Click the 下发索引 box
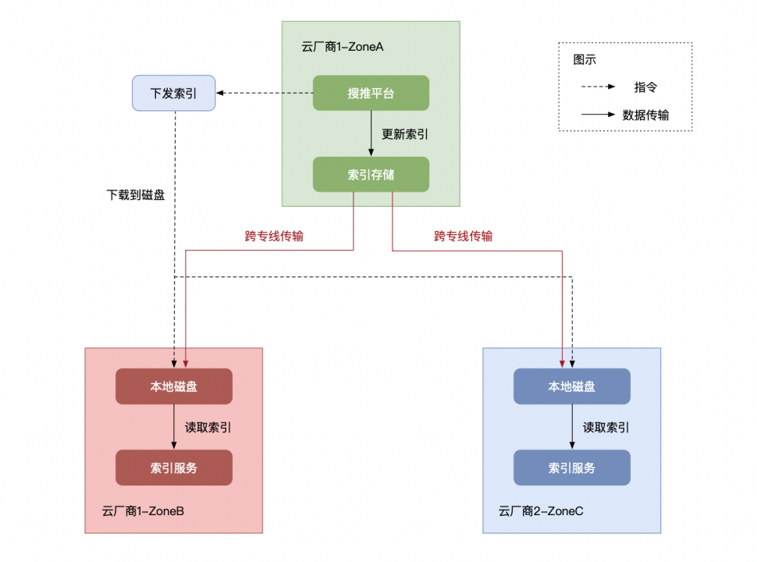[x=173, y=94]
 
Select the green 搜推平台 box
[x=371, y=94]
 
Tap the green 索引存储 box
[x=371, y=174]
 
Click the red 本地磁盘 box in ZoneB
[x=173, y=386]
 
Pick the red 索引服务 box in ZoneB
[x=173, y=468]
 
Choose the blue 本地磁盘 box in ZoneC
[x=571, y=386]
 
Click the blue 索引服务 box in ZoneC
[x=571, y=468]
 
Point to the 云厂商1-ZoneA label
[x=342, y=47]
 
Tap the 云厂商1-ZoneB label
[x=143, y=511]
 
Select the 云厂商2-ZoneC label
[x=541, y=511]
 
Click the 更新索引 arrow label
[x=404, y=133]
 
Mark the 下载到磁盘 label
[x=136, y=195]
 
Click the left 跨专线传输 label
[x=274, y=236]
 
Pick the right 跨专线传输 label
[x=464, y=236]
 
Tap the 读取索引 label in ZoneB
[x=208, y=427]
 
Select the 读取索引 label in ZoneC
[x=606, y=427]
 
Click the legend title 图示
[x=585, y=59]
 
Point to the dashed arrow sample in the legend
[x=599, y=87]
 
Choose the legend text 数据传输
[x=645, y=115]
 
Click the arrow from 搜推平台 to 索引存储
[x=371, y=133]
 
